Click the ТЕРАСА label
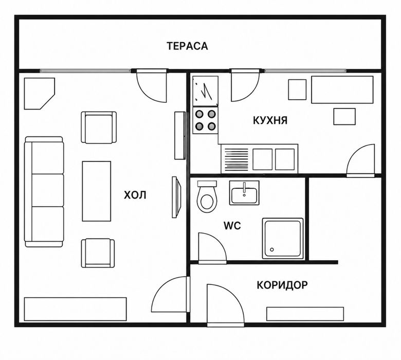coord(187,46)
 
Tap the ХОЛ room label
coord(135,195)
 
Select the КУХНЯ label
coord(270,120)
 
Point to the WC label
coord(232,226)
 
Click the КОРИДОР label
coord(282,285)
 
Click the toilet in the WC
coord(207,196)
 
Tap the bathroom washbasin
coord(244,193)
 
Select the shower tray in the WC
coord(283,239)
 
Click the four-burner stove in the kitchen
coord(205,120)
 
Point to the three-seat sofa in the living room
coord(44,192)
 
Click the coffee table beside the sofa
coord(97,191)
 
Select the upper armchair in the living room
coord(99,128)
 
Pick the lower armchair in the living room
coord(98,253)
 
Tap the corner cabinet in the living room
coord(39,93)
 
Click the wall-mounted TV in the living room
coord(176,197)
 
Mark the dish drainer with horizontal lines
coord(236,159)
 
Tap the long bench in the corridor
coord(305,314)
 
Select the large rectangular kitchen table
coord(342,89)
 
